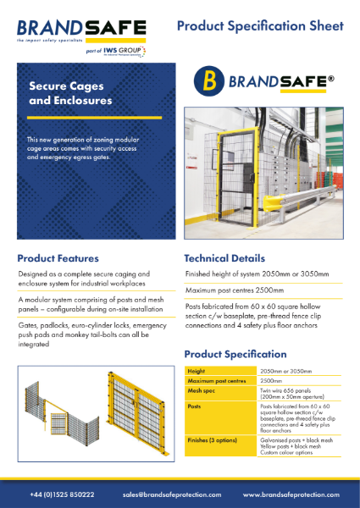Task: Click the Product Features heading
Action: click(x=58, y=258)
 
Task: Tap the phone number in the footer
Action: click(x=62, y=494)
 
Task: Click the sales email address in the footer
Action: click(x=171, y=494)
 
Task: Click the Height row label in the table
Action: click(x=197, y=371)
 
